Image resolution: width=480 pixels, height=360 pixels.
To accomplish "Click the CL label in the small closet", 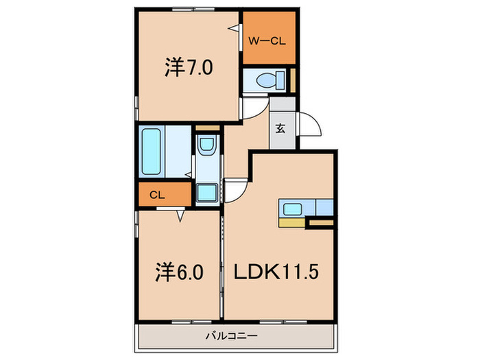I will (x=156, y=195).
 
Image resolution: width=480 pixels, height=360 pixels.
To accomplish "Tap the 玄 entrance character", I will (x=280, y=128).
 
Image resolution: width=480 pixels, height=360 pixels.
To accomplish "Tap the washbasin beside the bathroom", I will (x=205, y=147).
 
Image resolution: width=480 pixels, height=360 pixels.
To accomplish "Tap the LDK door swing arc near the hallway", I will (x=236, y=189).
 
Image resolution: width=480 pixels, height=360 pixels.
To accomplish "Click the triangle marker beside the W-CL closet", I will (x=235, y=27).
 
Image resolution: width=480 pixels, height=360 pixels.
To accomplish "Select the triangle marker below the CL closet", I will (x=180, y=216).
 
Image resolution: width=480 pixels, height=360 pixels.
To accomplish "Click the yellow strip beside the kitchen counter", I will (x=291, y=221).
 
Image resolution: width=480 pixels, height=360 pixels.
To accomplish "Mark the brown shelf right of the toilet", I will (x=292, y=80).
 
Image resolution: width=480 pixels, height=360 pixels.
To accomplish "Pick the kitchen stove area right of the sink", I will (x=324, y=207).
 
